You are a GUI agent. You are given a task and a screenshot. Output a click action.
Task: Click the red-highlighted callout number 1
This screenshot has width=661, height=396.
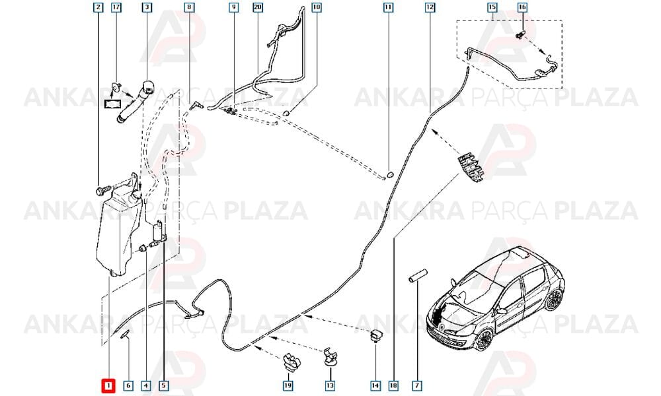pyautogui.click(x=108, y=385)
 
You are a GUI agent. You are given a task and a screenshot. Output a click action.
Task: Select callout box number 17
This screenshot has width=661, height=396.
pyautogui.click(x=116, y=7)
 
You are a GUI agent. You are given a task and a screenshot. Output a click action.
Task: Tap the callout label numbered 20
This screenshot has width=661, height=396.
pyautogui.click(x=258, y=7)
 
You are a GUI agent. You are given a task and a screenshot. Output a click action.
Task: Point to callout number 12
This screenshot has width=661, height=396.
pyautogui.click(x=430, y=7)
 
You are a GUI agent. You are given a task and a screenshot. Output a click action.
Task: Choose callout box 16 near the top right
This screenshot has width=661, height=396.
pyautogui.click(x=522, y=7)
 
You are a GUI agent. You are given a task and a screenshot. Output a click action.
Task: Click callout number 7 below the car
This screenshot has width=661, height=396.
pyautogui.click(x=417, y=385)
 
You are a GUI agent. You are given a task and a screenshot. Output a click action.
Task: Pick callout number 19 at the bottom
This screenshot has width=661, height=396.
pyautogui.click(x=288, y=385)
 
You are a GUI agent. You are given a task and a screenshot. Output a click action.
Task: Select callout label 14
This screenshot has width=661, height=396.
pyautogui.click(x=375, y=385)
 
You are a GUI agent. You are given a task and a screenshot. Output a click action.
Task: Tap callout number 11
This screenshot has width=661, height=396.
pyautogui.click(x=388, y=7)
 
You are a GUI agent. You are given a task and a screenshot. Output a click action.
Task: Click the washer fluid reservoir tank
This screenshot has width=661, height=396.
pyautogui.click(x=114, y=234)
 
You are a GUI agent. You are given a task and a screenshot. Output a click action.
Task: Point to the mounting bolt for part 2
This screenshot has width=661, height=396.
pyautogui.click(x=103, y=191)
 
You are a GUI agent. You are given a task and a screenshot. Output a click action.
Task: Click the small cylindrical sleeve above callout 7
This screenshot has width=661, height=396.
pyautogui.click(x=417, y=277)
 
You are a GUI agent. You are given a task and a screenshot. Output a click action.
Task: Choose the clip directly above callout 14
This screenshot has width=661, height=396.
pyautogui.click(x=375, y=335)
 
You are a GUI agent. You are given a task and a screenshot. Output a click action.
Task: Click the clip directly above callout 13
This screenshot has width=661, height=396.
pyautogui.click(x=330, y=357)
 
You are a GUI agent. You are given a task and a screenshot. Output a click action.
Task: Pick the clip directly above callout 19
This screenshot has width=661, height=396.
pyautogui.click(x=291, y=361)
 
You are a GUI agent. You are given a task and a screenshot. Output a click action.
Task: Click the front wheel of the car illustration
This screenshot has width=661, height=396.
pyautogui.click(x=486, y=340)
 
